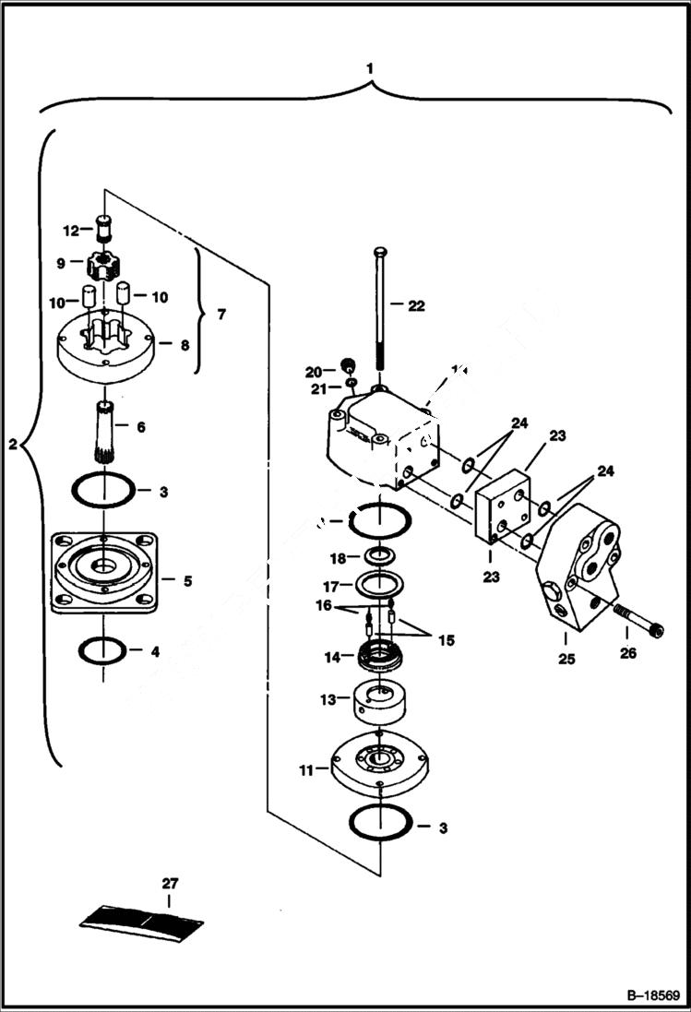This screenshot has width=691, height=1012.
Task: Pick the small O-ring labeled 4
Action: tap(103, 649)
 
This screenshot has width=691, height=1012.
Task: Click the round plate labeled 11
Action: tap(379, 761)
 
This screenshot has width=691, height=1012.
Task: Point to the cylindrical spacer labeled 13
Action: tap(379, 706)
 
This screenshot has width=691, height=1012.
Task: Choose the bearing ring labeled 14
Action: tap(379, 658)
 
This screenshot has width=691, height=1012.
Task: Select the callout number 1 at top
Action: tap(370, 68)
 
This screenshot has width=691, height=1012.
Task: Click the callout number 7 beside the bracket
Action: tap(220, 315)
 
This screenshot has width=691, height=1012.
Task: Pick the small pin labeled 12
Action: tap(104, 226)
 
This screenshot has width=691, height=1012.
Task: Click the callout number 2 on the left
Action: tap(12, 445)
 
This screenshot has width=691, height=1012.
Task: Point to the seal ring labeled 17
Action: tap(379, 584)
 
